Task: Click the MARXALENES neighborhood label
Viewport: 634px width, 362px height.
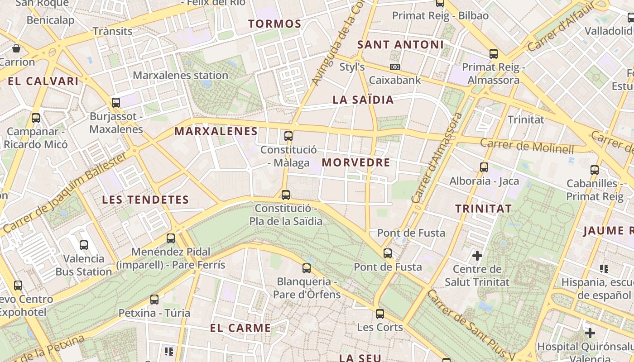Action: point(216,132)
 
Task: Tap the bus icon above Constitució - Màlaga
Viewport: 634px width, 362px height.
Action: point(288,136)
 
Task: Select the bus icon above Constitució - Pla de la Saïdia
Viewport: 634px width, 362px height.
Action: point(285,195)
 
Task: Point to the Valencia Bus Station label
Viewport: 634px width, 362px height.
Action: point(83,265)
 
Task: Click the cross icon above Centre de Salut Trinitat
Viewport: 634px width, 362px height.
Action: point(477,256)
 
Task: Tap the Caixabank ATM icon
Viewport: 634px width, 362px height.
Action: point(395,67)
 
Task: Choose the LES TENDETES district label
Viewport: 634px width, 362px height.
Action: point(145,200)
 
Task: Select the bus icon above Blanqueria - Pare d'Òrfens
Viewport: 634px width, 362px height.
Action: point(307,268)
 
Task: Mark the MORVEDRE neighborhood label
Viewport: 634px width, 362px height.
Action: point(356,163)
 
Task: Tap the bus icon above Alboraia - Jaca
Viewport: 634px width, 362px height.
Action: point(484,167)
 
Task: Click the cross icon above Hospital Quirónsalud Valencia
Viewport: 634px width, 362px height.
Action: point(590,333)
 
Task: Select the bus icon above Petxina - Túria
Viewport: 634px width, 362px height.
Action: point(154,299)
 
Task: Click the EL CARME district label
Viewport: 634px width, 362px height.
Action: point(240,328)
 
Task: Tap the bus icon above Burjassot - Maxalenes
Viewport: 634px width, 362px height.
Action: point(116,103)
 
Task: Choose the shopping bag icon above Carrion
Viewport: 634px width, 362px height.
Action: point(16,48)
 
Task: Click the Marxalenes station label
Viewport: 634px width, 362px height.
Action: point(180,75)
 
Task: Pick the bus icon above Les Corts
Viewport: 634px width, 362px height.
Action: point(379,314)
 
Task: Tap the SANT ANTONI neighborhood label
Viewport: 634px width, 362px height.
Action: point(400,45)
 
